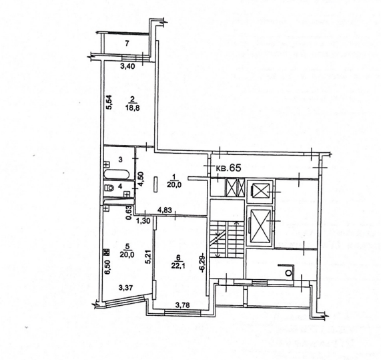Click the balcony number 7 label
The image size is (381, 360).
127,44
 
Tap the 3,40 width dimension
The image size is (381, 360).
128,66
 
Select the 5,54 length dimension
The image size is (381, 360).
109,102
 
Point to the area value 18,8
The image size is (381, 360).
133,108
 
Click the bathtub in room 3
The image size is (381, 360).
117,175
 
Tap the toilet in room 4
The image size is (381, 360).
110,188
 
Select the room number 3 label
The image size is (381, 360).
120,160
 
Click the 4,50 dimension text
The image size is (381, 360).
141,178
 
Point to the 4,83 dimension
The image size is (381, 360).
165,210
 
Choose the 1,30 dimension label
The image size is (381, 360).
144,220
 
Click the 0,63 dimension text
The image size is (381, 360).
129,213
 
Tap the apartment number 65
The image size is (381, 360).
235,168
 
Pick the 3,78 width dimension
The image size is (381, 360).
182,305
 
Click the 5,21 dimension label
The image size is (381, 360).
149,257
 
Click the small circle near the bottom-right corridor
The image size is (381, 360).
288,273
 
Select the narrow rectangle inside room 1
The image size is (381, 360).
155,184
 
